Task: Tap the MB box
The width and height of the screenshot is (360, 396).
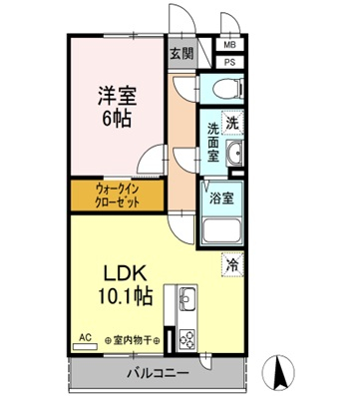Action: pyautogui.click(x=230, y=45)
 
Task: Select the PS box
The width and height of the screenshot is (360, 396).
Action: pyautogui.click(x=230, y=63)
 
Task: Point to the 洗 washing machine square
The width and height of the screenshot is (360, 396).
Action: pyautogui.click(x=230, y=125)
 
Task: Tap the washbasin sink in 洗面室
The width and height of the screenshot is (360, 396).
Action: pyautogui.click(x=233, y=154)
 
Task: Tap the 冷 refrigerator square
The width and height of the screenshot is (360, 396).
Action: pyautogui.click(x=231, y=265)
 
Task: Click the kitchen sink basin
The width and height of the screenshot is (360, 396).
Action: pyautogui.click(x=188, y=297)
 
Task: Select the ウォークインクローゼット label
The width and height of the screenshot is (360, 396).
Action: pyautogui.click(x=117, y=193)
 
